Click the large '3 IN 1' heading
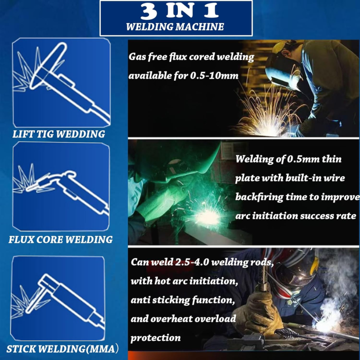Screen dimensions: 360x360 [x=179, y=11]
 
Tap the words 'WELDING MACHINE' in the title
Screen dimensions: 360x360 [x=175, y=27]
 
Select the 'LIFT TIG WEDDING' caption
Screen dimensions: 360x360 [x=59, y=134]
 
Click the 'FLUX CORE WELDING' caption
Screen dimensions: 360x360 [x=61, y=239]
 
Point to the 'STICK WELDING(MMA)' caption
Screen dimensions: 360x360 [x=63, y=349]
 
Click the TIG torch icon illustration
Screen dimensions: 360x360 [x=61, y=82]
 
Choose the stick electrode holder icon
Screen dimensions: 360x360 [x=58, y=298]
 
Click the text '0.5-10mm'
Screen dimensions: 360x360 [x=214, y=76]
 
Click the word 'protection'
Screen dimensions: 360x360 [x=155, y=338]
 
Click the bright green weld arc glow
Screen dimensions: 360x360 [x=208, y=216]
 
